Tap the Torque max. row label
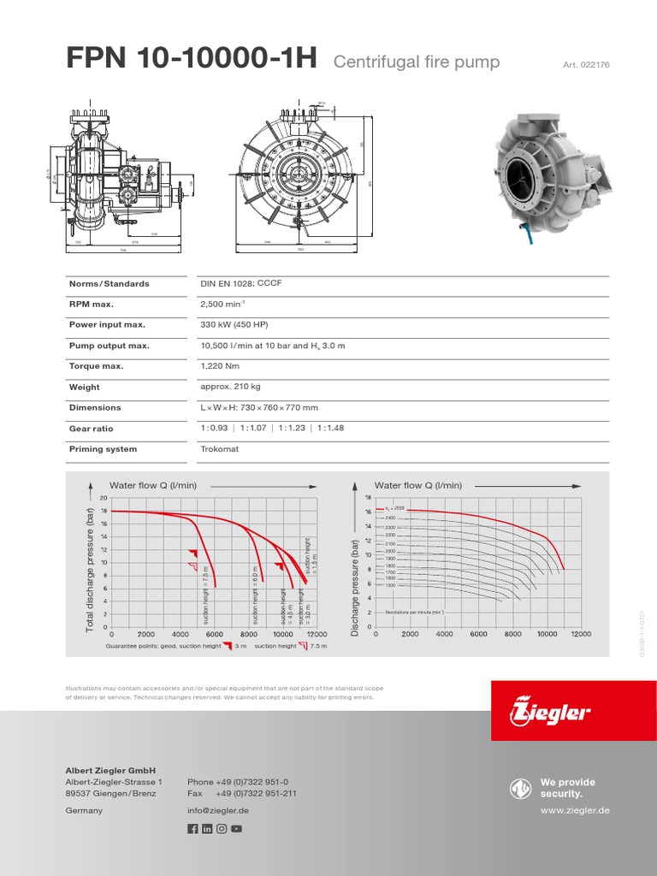point(96,366)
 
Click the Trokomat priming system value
point(220,449)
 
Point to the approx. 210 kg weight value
point(230,387)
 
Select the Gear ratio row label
point(92,429)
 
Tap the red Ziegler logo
point(550,710)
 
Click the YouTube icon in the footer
point(236,828)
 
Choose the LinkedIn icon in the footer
point(207,828)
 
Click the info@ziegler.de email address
point(218,810)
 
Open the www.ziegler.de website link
point(575,810)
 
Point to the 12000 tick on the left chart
point(317,635)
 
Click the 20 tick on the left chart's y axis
point(104,498)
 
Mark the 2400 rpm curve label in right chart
point(390,518)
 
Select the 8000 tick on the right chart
point(512,635)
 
